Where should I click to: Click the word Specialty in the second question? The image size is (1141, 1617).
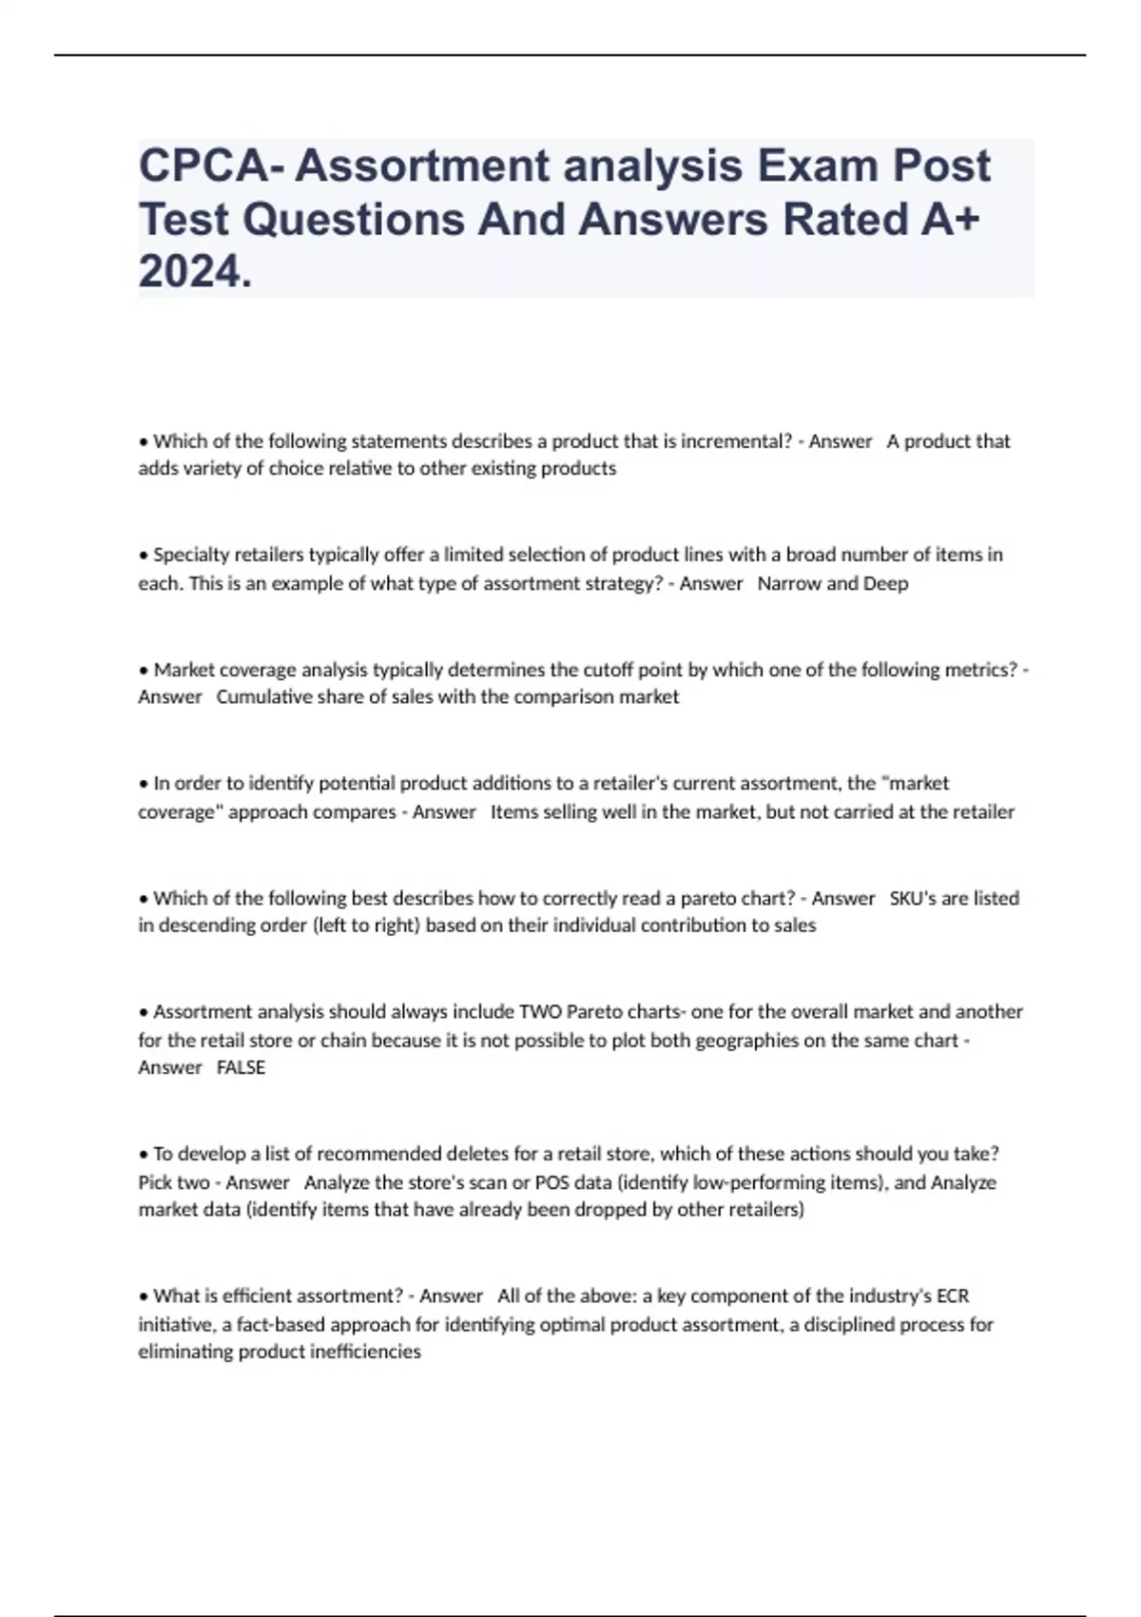191,555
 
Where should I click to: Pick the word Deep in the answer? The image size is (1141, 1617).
885,583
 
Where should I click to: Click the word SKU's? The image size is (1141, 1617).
914,898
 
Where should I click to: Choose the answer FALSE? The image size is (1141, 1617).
241,1068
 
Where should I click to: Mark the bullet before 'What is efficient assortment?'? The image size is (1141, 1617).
144,1296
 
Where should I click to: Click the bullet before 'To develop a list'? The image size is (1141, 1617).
144,1155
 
